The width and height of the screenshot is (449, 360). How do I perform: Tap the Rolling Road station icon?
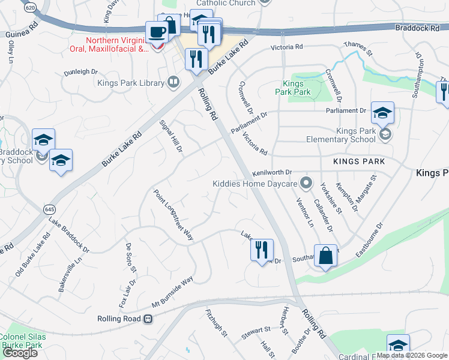point(148,319)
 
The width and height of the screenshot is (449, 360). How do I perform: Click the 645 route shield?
point(49,209)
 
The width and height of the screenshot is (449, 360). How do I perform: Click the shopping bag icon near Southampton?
point(325,256)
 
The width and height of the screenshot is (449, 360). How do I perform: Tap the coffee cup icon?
point(157,32)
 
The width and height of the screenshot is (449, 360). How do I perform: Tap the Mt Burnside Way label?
point(173,292)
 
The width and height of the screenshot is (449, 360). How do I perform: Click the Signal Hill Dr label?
point(170,136)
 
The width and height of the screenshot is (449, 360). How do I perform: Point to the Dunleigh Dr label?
point(82,72)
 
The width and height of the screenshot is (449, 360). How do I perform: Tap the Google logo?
point(20,353)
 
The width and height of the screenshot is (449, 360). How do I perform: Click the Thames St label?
point(358,49)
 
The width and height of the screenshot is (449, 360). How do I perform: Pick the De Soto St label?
point(131,256)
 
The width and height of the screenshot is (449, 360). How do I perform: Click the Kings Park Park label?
point(293,88)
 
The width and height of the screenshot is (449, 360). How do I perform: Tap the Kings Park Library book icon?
point(174,82)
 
